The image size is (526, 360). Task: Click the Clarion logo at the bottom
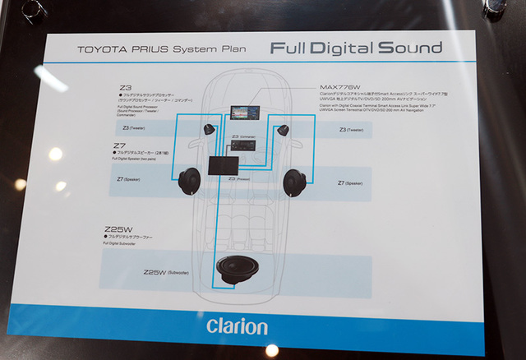tap(237, 326)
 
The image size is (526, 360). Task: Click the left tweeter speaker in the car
tap(210, 128)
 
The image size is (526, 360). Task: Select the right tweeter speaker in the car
tap(284, 129)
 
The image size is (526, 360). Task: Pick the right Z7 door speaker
tap(299, 181)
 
